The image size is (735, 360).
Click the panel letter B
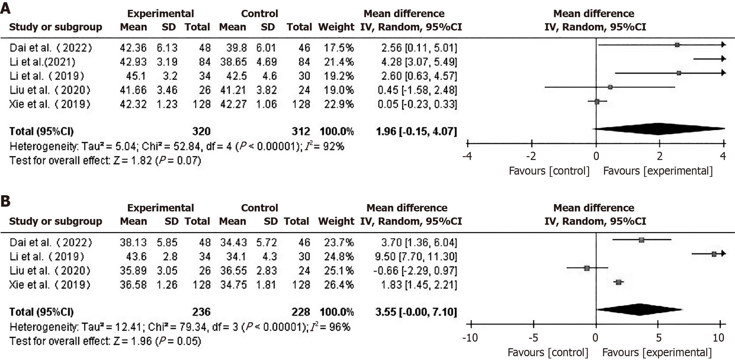pyautogui.click(x=5, y=201)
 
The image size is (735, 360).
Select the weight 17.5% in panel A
pyautogui.click(x=338, y=48)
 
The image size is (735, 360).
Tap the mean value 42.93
pyautogui.click(x=133, y=62)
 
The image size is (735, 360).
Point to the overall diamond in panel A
pyautogui.click(x=658, y=129)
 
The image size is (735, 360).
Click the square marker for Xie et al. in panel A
pyautogui.click(x=597, y=102)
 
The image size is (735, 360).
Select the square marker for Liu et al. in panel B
pyautogui.click(x=587, y=268)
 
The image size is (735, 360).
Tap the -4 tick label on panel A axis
pyautogui.click(x=467, y=156)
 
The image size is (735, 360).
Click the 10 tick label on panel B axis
pyautogui.click(x=718, y=337)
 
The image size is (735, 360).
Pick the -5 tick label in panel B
pyautogui.click(x=533, y=337)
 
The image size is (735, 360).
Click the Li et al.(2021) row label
pyautogui.click(x=42, y=62)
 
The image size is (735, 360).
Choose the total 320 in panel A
pyautogui.click(x=201, y=131)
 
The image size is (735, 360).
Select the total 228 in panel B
pyautogui.click(x=301, y=312)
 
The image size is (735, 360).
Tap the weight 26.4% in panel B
pyautogui.click(x=338, y=284)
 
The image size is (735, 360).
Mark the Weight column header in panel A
pyautogui.click(x=336, y=27)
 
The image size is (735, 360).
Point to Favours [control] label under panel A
pyautogui.click(x=549, y=171)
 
